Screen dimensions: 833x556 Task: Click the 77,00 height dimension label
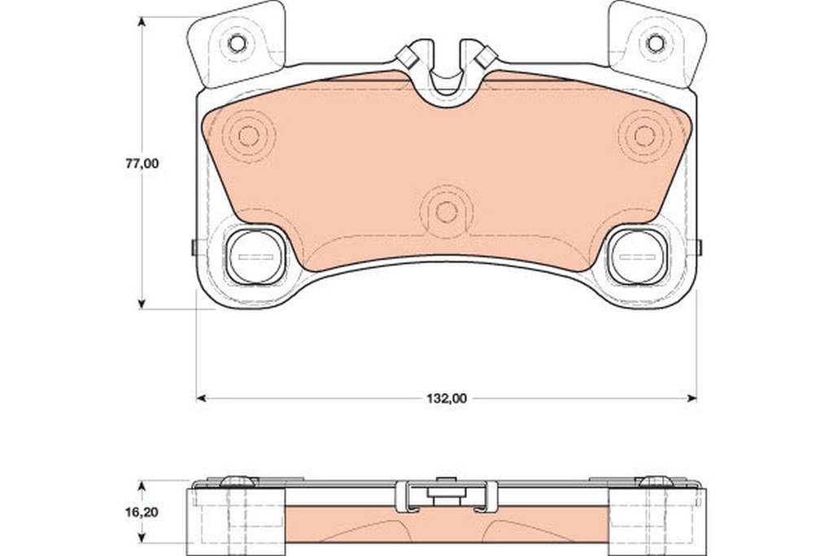pos(142,164)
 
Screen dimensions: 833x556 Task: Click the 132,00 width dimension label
pos(447,398)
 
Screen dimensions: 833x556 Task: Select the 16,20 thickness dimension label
pos(142,512)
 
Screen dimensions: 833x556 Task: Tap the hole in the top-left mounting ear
pos(237,43)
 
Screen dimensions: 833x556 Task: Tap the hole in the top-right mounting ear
pos(656,43)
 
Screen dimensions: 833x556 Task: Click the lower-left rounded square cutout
pos(255,257)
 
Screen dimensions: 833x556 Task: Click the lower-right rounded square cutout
pos(638,257)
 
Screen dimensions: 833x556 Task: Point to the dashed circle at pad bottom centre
pos(447,212)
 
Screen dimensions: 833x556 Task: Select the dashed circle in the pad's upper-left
pos(248,137)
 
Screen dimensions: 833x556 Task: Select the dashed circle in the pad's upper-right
pos(645,137)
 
